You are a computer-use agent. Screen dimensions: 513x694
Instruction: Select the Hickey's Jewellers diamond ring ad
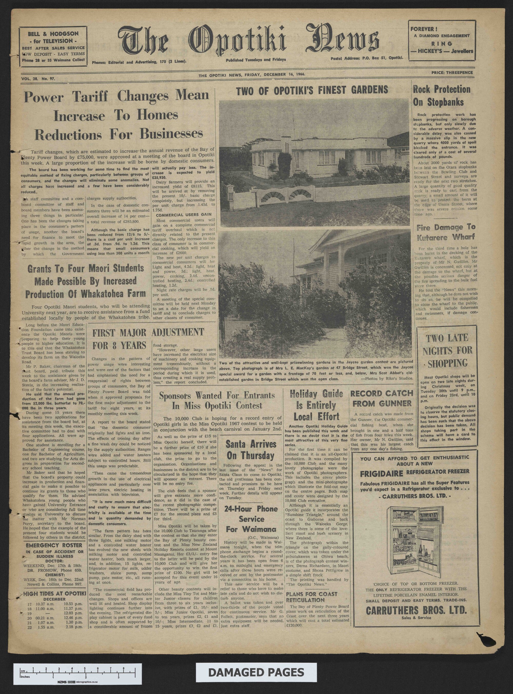point(442,40)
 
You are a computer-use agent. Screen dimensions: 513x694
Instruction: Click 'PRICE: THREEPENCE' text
point(452,73)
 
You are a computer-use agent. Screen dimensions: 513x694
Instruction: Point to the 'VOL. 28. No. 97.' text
point(38,79)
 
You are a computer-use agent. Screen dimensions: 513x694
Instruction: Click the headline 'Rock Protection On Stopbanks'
point(442,96)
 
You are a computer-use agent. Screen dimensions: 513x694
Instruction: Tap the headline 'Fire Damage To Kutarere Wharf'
point(446,232)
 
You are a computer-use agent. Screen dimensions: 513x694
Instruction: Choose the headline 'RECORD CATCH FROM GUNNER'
point(382,398)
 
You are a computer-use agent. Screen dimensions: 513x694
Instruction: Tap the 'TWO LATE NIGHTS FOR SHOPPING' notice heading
point(447,350)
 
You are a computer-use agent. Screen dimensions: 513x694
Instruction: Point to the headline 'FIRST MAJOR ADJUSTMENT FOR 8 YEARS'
point(148,338)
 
